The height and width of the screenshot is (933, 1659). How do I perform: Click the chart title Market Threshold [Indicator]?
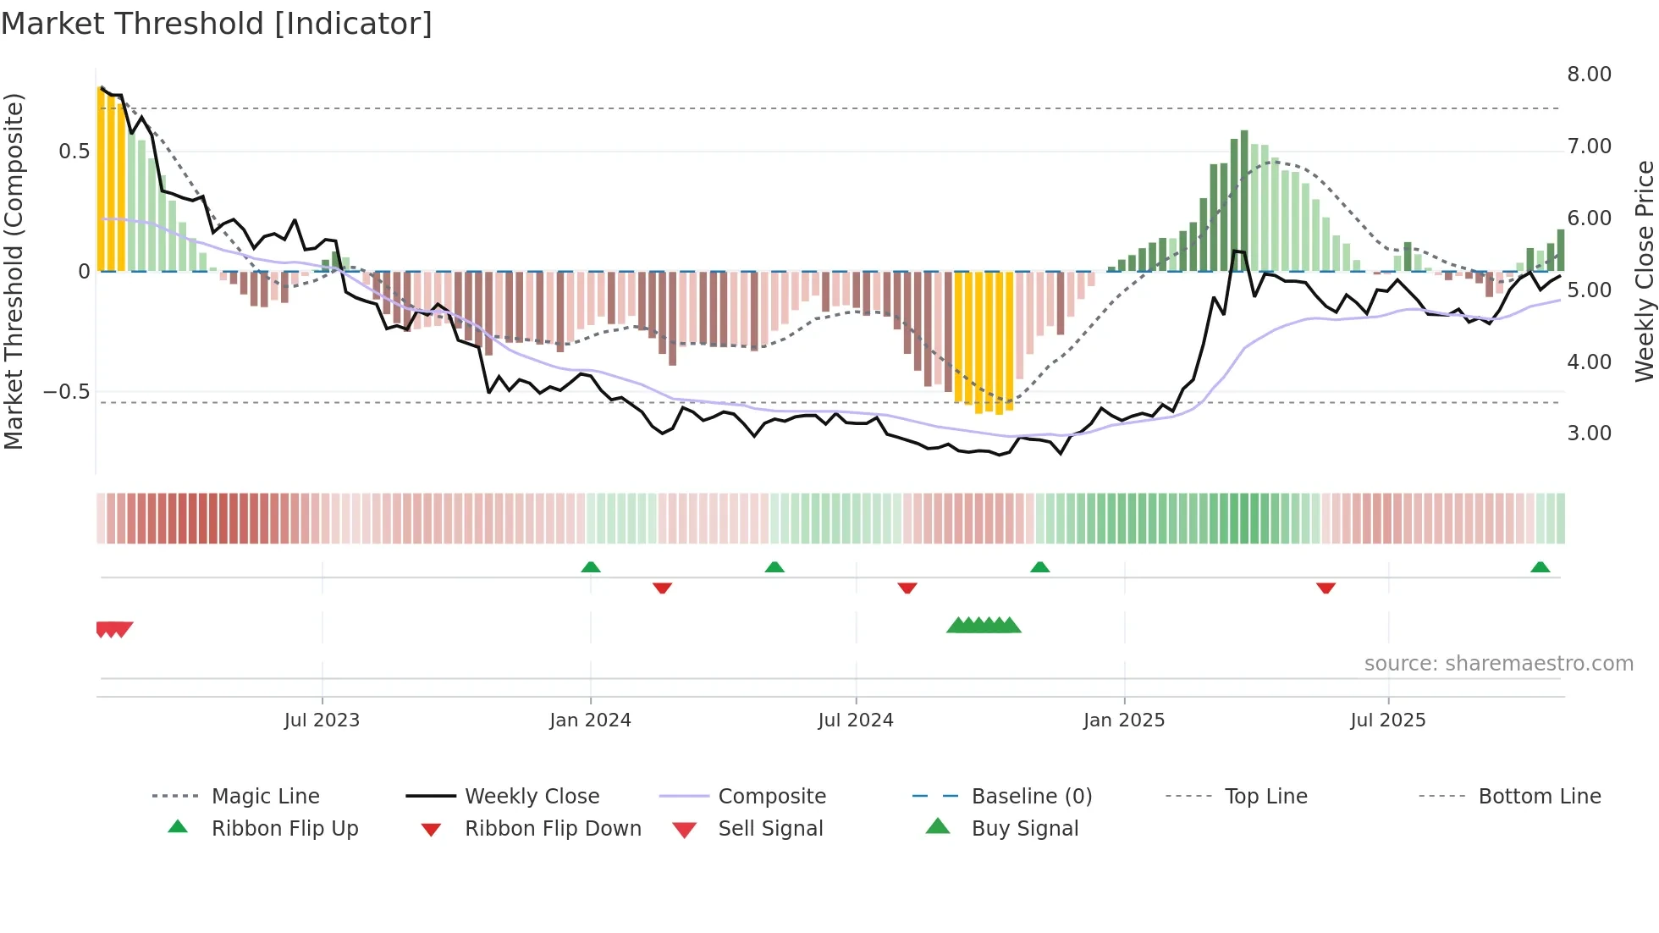click(x=217, y=24)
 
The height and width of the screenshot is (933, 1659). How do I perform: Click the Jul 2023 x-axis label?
click(x=322, y=720)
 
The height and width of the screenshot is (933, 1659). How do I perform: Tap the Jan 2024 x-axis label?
click(x=590, y=720)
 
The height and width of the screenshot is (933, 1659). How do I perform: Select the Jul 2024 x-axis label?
click(x=856, y=720)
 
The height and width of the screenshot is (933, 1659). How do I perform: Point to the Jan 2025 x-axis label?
click(x=1124, y=720)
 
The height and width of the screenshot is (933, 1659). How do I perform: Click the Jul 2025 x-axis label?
click(x=1388, y=720)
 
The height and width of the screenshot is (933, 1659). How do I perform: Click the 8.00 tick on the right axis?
click(x=1589, y=75)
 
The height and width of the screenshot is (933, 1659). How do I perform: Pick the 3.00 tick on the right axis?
click(x=1589, y=433)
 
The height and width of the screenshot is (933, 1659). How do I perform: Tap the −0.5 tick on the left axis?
click(x=66, y=392)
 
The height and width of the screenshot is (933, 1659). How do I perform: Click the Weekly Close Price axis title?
click(x=1644, y=271)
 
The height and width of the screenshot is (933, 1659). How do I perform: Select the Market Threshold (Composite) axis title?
click(x=14, y=271)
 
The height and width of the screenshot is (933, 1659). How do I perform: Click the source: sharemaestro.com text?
click(x=1498, y=664)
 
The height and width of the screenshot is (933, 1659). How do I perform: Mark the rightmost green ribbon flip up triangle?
click(x=1540, y=567)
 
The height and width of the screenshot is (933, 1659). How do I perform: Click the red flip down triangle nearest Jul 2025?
click(x=1326, y=588)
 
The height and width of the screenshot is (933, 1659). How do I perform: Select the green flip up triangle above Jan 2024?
click(x=591, y=567)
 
